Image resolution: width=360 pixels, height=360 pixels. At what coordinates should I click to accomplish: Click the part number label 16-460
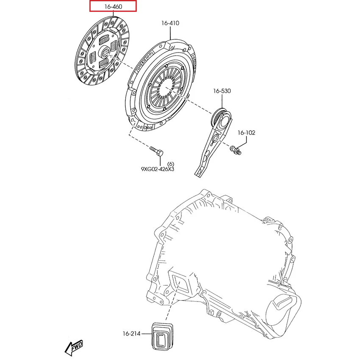pos(113,6)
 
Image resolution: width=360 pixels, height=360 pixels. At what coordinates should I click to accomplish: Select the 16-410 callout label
pos(170,23)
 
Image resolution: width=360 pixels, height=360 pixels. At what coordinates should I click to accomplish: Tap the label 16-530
pos(222,91)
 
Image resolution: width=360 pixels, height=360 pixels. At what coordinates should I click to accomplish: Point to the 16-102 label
pos(246,133)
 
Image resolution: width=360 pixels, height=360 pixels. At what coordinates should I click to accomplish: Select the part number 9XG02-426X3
pos(158,169)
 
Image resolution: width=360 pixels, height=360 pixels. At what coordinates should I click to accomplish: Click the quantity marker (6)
pos(171,163)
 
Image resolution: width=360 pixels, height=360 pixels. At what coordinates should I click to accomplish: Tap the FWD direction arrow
pos(73,348)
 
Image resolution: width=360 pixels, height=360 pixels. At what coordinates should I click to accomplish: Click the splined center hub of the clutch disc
pos(105,53)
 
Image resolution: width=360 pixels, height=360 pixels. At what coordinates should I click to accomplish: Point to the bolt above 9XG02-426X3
pos(156,150)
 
